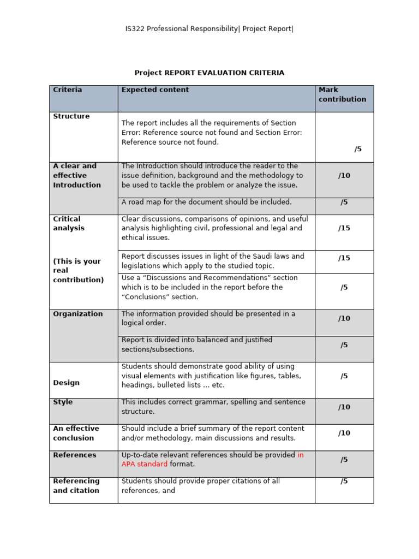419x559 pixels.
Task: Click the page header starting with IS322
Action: pyautogui.click(x=209, y=29)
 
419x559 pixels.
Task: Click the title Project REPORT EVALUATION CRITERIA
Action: pyautogui.click(x=209, y=73)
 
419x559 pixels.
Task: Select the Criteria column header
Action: pyautogui.click(x=68, y=90)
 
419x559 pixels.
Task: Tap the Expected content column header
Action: pyautogui.click(x=155, y=90)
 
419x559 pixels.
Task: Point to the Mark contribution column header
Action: pyautogui.click(x=342, y=94)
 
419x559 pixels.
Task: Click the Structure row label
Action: pyautogui.click(x=71, y=116)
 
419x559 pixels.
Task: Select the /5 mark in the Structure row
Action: pyautogui.click(x=358, y=149)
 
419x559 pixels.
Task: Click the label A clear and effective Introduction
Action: pyautogui.click(x=77, y=175)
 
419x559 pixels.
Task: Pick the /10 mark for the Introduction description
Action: pyautogui.click(x=344, y=175)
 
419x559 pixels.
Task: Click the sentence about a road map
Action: pyautogui.click(x=206, y=202)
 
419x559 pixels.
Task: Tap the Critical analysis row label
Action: pyautogui.click(x=69, y=223)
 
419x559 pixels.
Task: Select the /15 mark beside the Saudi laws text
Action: pyautogui.click(x=344, y=258)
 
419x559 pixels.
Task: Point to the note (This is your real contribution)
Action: pyautogui.click(x=78, y=270)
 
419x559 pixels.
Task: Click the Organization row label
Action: pyautogui.click(x=77, y=314)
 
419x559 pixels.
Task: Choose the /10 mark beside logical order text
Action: pyautogui.click(x=344, y=318)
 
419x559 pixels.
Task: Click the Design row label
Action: pyautogui.click(x=66, y=383)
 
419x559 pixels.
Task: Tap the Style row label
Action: pyautogui.click(x=63, y=402)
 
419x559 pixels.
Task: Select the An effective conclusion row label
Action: pyautogui.click(x=76, y=433)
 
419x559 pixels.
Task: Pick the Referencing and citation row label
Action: pyautogui.click(x=76, y=485)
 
